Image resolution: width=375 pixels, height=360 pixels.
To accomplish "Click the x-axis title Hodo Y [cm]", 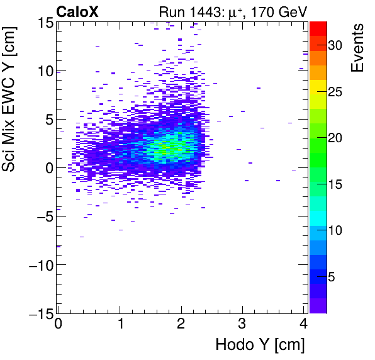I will (260, 345).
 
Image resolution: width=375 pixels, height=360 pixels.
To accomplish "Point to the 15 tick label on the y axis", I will (43, 23).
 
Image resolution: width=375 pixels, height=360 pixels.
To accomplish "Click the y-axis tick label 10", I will (43, 70).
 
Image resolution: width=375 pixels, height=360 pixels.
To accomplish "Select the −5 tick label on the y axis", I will (41, 216).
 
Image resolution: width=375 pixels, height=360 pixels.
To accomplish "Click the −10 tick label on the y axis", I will (37, 264).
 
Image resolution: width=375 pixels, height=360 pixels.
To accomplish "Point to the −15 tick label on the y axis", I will (37, 313).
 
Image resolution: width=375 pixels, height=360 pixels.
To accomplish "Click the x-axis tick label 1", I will (120, 325).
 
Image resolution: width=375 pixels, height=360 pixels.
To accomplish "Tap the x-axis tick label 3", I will (243, 325).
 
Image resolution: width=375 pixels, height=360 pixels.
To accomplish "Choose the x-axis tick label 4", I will (304, 325).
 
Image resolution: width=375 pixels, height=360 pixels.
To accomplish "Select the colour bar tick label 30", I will (335, 46).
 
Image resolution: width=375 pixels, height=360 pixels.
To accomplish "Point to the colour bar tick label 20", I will (335, 138).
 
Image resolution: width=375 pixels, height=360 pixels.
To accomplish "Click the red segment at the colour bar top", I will (318, 27).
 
